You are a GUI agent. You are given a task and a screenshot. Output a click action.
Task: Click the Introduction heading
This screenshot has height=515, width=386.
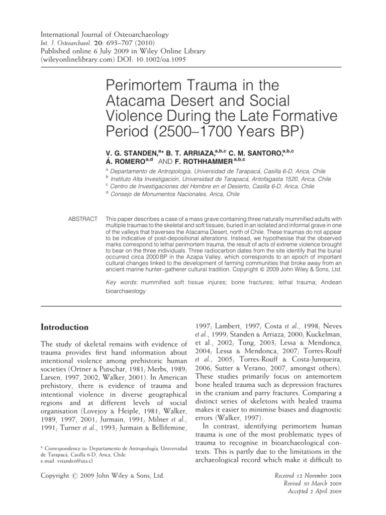[65, 327]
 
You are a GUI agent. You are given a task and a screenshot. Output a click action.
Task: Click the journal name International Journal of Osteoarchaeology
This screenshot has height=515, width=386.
[105, 35]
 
